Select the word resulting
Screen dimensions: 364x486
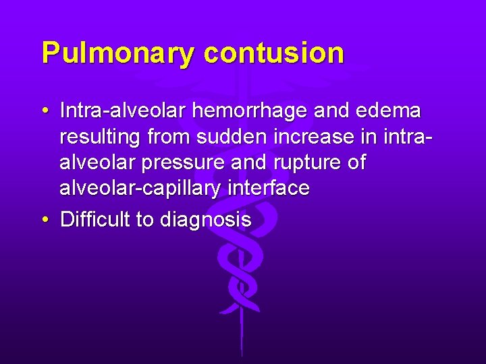point(99,138)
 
